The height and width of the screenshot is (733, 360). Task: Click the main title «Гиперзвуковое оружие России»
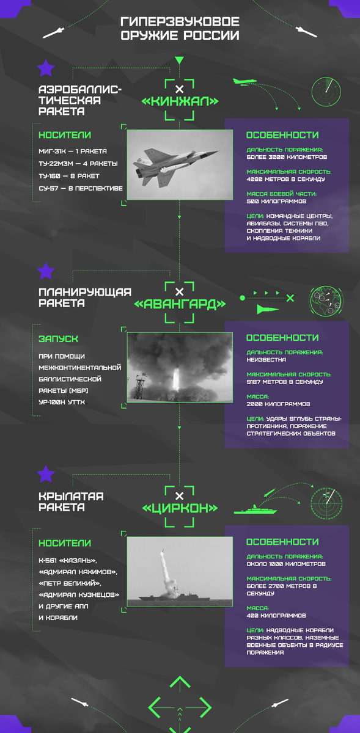tap(180, 29)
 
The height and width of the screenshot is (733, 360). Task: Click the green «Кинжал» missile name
tap(180, 101)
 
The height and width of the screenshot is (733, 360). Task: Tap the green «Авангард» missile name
tap(180, 304)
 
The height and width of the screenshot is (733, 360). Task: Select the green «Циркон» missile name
tap(180, 508)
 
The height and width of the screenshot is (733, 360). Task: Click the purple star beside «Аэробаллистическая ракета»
tap(46, 68)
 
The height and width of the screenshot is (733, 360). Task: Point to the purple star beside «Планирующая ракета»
tap(46, 271)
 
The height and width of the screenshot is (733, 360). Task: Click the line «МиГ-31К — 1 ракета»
tap(73, 151)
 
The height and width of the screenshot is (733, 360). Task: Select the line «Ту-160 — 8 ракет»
tap(69, 176)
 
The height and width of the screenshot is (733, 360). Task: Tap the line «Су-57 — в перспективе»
tap(81, 189)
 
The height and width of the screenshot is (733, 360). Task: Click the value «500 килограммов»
tap(276, 201)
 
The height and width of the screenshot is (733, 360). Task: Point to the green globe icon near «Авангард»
tap(326, 301)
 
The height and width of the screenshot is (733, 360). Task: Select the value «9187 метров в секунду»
tap(285, 382)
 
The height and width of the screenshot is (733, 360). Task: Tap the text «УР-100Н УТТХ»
tap(62, 402)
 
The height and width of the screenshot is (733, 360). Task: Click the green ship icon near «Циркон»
tap(255, 510)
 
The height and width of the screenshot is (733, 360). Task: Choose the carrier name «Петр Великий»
tap(70, 583)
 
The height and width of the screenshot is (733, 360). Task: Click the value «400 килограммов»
tap(276, 616)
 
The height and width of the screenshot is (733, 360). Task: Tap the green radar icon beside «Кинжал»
tap(326, 92)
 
